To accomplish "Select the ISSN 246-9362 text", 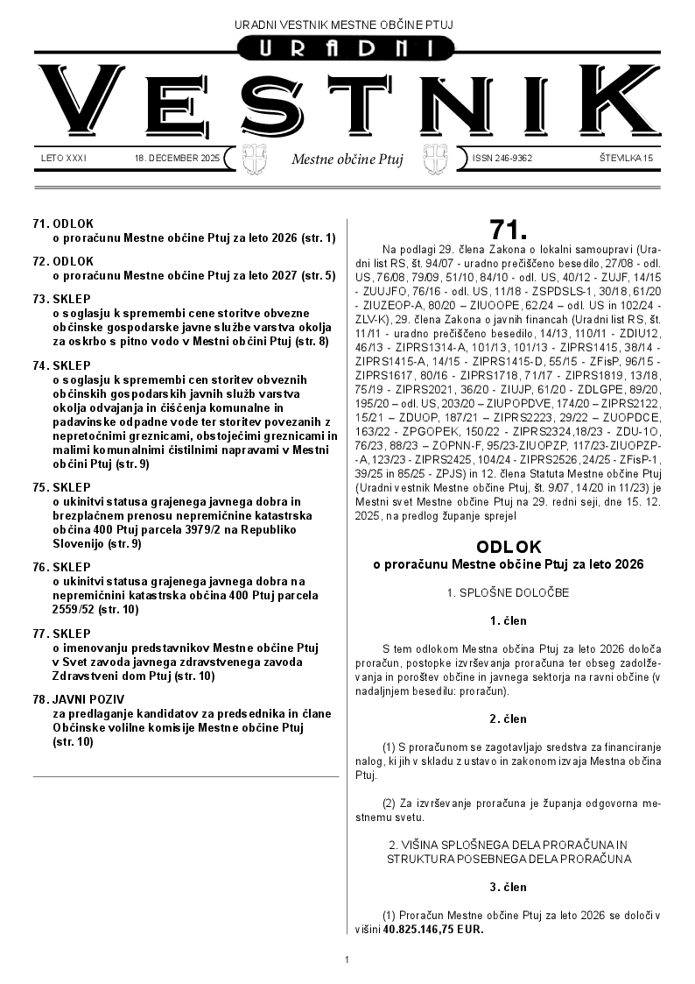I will point(502,159).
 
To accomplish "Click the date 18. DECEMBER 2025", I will point(178,159).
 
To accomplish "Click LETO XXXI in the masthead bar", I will point(64,159).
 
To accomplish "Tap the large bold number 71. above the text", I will point(509,230).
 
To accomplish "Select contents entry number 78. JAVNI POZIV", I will point(79,700).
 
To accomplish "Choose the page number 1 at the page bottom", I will point(347,960).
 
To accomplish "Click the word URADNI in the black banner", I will point(347,51).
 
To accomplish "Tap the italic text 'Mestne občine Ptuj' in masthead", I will point(347,159).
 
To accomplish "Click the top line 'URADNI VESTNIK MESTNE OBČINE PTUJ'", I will point(347,24).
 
